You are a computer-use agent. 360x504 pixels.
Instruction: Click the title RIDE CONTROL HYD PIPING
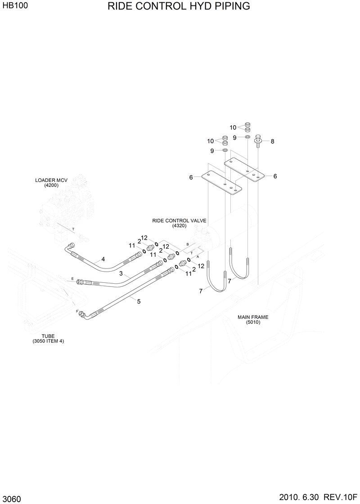click(179, 6)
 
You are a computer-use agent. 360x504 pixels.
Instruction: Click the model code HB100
click(14, 8)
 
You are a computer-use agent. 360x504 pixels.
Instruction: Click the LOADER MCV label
click(51, 180)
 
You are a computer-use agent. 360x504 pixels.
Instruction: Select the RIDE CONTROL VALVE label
click(179, 221)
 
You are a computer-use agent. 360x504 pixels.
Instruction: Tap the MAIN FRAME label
click(253, 317)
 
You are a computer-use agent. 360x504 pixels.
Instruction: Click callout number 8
click(272, 141)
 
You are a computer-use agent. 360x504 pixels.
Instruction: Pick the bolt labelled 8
click(258, 140)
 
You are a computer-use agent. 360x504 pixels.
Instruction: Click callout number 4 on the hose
click(103, 259)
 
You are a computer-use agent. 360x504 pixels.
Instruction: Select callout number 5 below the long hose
click(139, 301)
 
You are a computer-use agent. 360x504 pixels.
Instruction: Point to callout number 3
click(121, 273)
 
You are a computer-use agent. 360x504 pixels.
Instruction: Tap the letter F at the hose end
click(77, 311)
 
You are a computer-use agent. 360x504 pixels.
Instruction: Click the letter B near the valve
click(187, 244)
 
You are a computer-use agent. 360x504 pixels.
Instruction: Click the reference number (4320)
click(179, 226)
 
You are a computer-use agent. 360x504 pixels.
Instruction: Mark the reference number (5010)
click(253, 322)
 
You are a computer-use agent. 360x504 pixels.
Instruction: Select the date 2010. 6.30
click(298, 495)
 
